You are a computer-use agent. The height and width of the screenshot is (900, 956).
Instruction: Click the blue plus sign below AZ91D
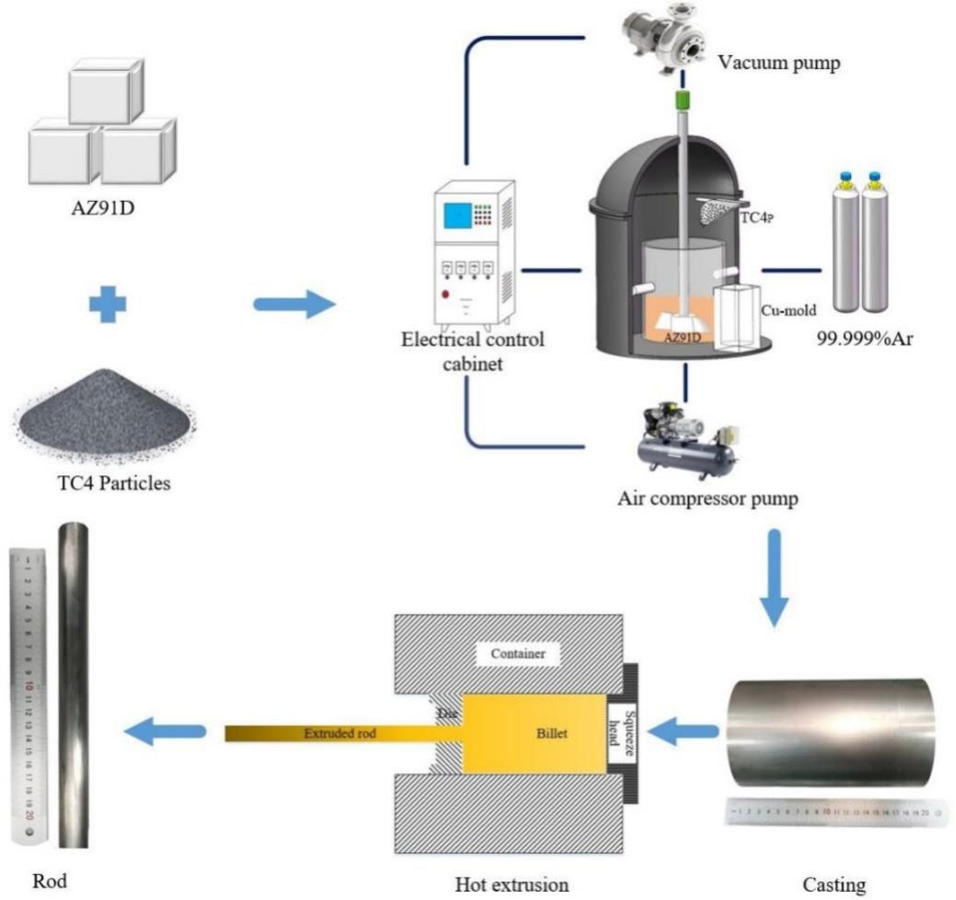click(107, 303)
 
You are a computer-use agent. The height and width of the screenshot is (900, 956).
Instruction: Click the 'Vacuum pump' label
click(779, 63)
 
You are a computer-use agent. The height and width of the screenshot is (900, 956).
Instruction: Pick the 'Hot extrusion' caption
click(512, 885)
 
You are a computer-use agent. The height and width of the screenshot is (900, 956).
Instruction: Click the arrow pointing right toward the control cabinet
click(294, 303)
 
